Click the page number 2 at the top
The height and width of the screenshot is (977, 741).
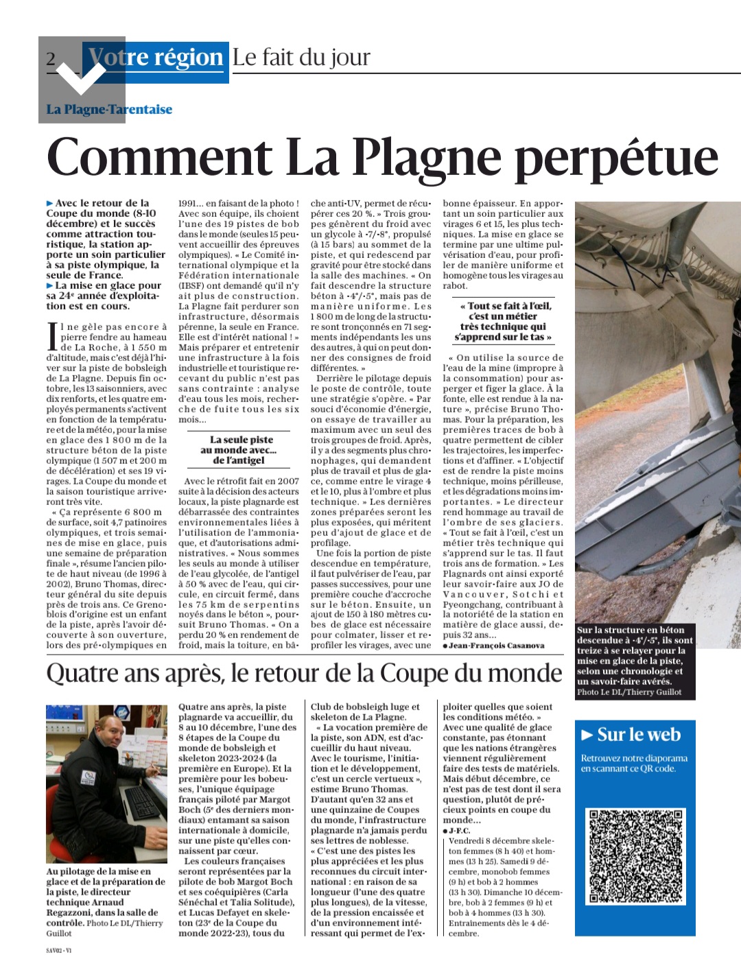(x=51, y=59)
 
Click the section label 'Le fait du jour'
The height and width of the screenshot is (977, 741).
(x=301, y=57)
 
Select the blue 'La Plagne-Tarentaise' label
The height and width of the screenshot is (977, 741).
(x=109, y=109)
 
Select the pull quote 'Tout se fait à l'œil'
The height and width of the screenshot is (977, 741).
(x=503, y=321)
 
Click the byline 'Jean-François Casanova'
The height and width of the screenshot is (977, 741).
(x=496, y=646)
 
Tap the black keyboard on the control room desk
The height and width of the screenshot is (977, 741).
(x=141, y=803)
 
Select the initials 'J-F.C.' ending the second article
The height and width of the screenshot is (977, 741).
(x=459, y=831)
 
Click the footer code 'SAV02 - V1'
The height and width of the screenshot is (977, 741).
(x=59, y=951)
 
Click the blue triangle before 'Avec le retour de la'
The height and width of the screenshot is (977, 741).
(x=50, y=204)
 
